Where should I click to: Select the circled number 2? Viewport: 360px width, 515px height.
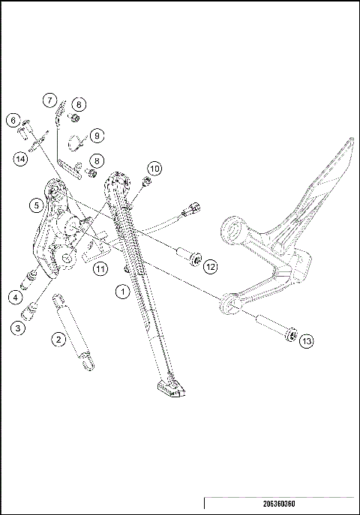click(x=57, y=339)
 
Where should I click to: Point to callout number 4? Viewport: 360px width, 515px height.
click(x=16, y=296)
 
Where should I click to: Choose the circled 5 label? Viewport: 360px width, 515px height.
click(x=35, y=204)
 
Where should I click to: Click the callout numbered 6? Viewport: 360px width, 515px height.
click(x=13, y=120)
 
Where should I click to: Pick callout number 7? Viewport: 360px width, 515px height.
click(x=48, y=100)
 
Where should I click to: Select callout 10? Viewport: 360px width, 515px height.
click(x=154, y=168)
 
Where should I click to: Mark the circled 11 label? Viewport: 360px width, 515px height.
click(x=99, y=266)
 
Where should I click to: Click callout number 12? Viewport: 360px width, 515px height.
click(x=210, y=265)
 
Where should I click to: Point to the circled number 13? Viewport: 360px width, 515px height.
click(x=307, y=341)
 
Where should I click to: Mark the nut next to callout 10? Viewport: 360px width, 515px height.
click(x=142, y=181)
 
